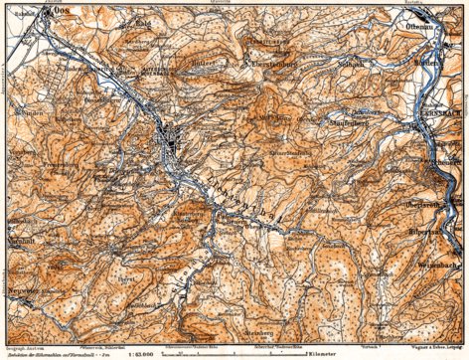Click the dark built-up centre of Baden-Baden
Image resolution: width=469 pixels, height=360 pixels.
pos(177,141)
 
